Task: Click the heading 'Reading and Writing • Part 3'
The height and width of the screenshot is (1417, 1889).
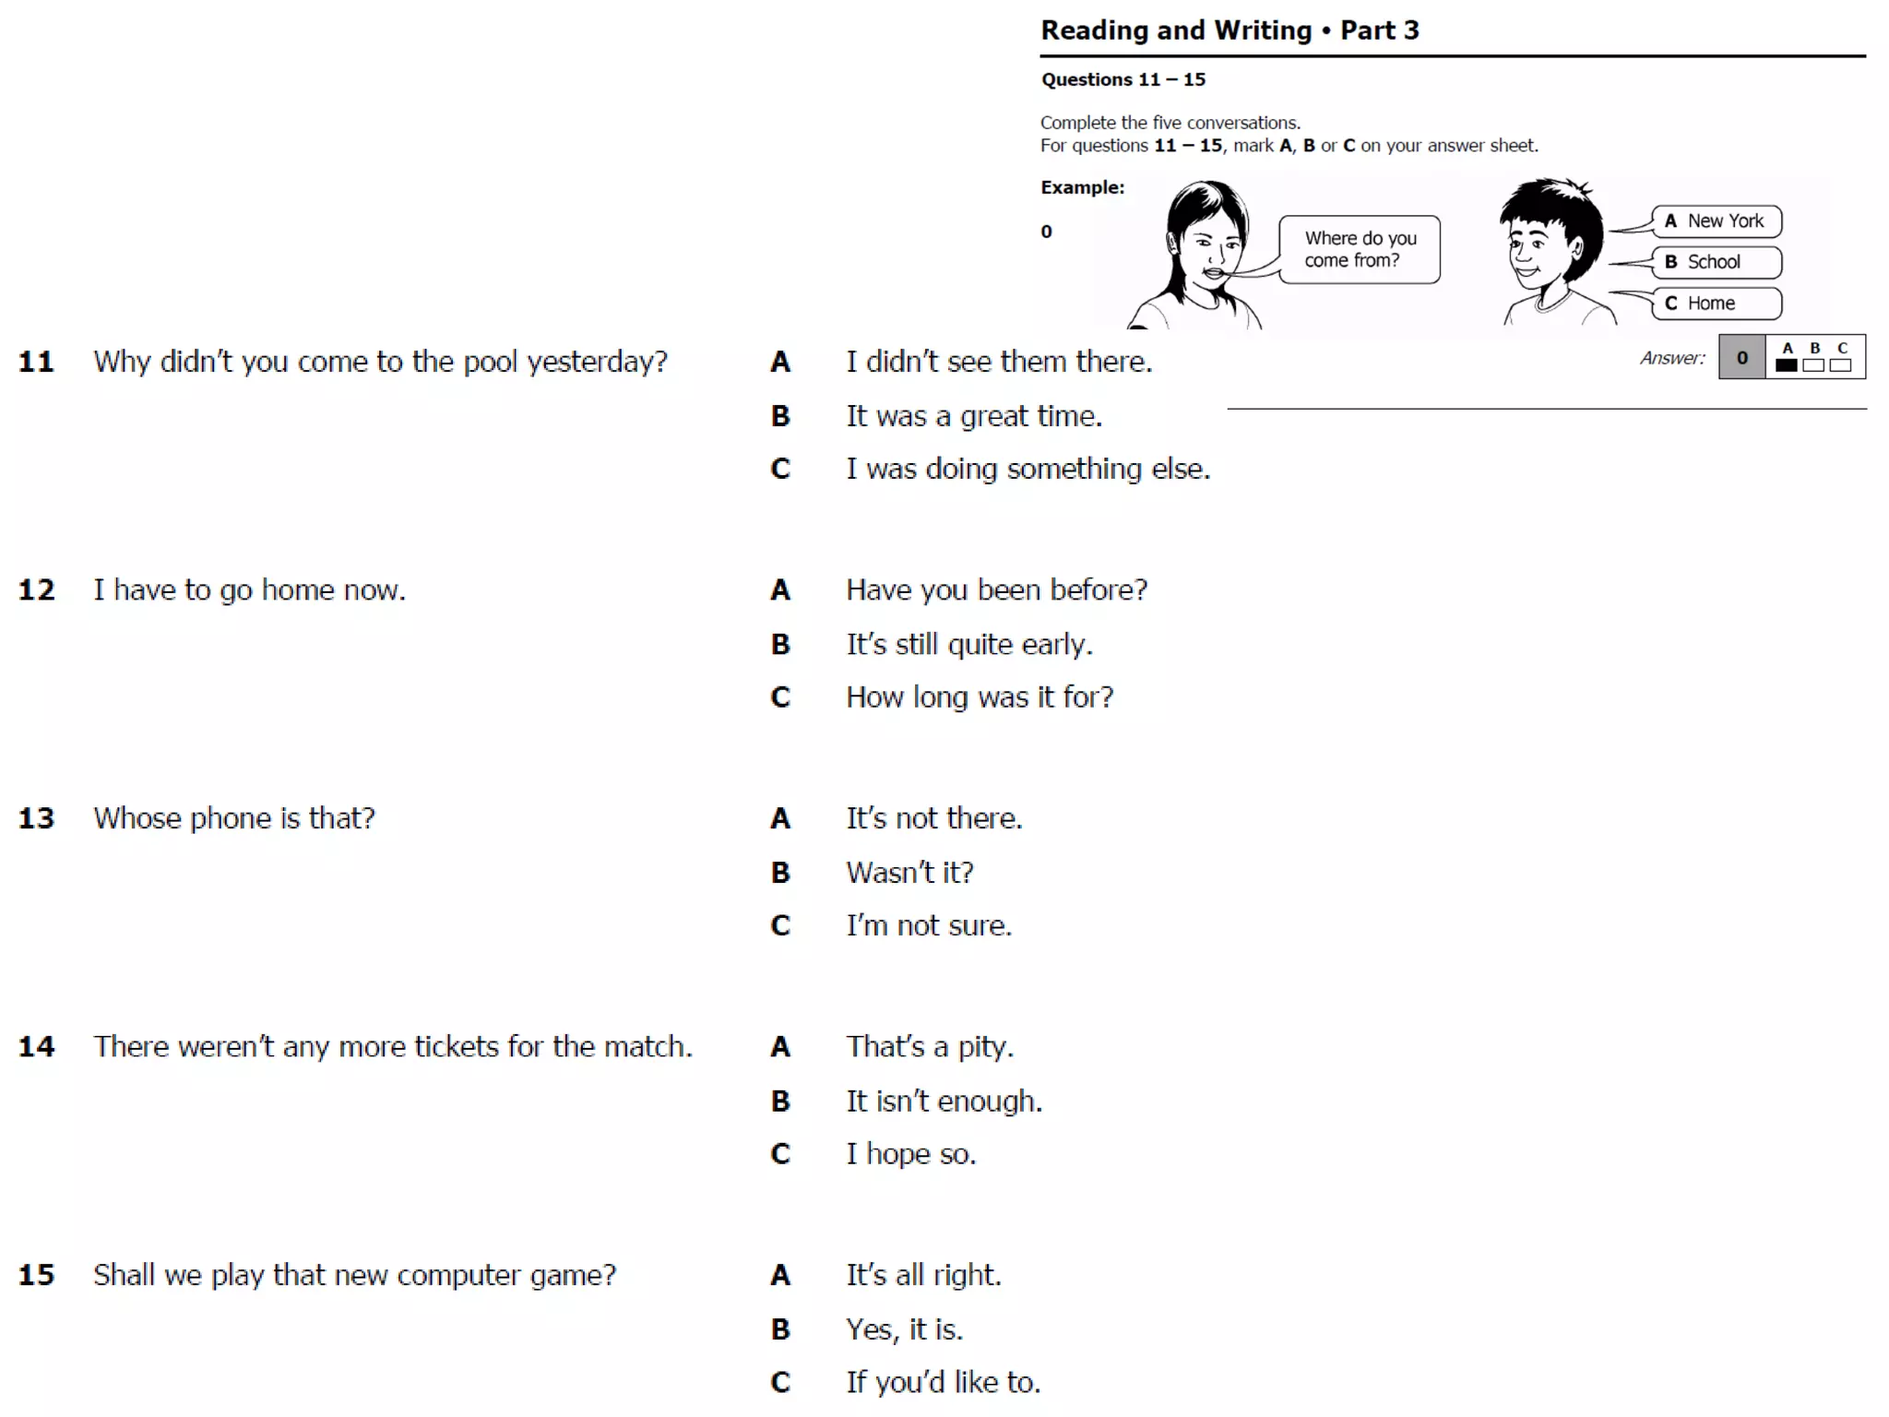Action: [x=1230, y=30]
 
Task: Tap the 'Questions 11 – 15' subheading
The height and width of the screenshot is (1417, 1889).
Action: [x=1123, y=79]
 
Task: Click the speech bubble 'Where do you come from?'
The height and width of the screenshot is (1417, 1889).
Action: [x=1360, y=249]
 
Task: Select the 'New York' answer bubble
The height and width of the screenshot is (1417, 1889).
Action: [x=1716, y=221]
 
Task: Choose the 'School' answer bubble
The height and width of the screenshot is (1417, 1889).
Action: [x=1716, y=262]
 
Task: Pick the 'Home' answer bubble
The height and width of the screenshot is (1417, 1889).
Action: [x=1716, y=304]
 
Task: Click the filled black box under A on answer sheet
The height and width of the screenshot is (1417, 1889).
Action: [x=1787, y=365]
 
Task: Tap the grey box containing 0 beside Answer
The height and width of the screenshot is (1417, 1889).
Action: [x=1741, y=358]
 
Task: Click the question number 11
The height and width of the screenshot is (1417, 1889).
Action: [x=37, y=362]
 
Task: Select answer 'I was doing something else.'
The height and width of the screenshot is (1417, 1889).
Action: [x=1028, y=470]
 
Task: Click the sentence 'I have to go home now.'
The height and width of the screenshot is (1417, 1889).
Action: [x=249, y=590]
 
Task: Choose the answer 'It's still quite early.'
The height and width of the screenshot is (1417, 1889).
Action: [x=968, y=644]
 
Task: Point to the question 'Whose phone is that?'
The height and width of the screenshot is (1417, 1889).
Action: [x=234, y=818]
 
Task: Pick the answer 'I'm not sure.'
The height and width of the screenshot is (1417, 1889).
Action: [x=928, y=925]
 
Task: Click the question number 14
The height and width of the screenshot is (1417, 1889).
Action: [x=37, y=1047]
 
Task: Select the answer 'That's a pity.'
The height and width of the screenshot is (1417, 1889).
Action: [x=930, y=1047]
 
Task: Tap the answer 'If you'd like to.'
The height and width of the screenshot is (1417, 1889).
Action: [x=943, y=1382]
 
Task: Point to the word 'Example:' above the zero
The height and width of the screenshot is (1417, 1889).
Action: [x=1082, y=187]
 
